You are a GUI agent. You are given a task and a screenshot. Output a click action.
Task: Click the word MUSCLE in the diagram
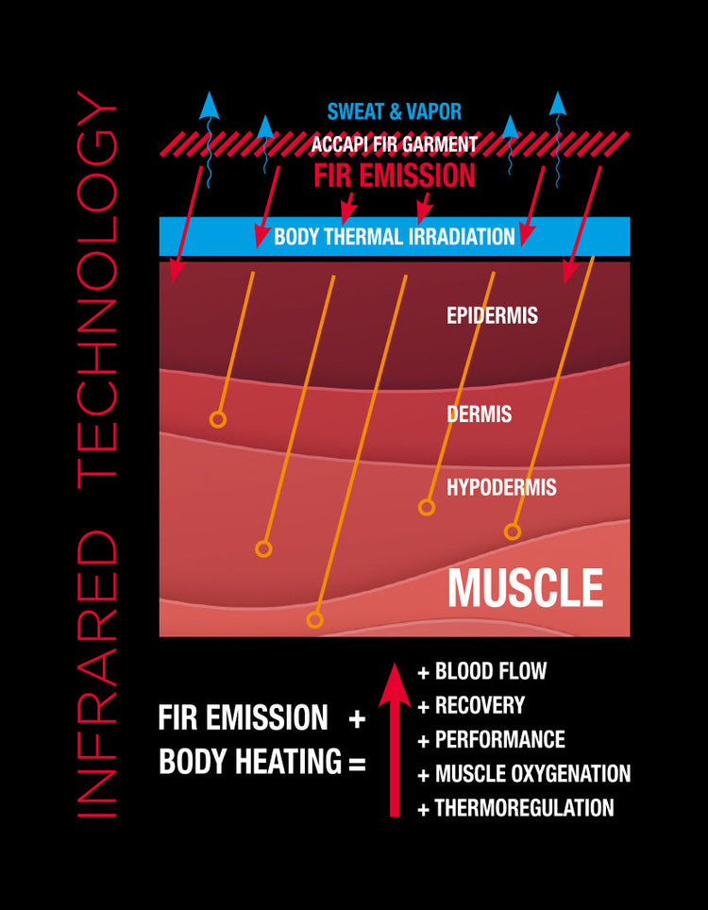coord(526,588)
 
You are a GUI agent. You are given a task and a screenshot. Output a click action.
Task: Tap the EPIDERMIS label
coord(492,315)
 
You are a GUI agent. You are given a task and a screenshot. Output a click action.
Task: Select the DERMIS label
coord(480,413)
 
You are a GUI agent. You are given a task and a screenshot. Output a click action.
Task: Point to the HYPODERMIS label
coord(501,487)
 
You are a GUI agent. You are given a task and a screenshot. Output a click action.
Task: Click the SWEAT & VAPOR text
coord(395,111)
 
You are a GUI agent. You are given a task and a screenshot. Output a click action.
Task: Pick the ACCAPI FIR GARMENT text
coord(395,143)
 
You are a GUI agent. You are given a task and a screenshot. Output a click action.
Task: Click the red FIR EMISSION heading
coord(395,176)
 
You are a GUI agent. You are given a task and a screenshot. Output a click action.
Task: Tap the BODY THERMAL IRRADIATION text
coord(395,236)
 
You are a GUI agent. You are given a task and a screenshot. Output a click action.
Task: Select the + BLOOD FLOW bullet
coord(482,671)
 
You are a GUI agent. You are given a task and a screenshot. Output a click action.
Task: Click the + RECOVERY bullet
coord(471,705)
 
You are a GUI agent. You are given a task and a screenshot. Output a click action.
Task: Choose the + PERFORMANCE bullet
coord(492,739)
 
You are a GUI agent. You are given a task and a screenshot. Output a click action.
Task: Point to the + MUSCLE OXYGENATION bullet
coord(524,774)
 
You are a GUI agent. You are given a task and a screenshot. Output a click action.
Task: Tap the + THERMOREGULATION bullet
coord(516,808)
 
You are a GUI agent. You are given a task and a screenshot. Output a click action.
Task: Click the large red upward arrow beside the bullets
coord(395,740)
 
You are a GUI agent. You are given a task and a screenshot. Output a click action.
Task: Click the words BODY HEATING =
coord(262,762)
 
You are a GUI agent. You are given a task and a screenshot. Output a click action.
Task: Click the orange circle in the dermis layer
coord(218,419)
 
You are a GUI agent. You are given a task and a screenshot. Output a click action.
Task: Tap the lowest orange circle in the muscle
coord(314,620)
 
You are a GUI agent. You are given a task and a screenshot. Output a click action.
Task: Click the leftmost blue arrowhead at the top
coord(210,106)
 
